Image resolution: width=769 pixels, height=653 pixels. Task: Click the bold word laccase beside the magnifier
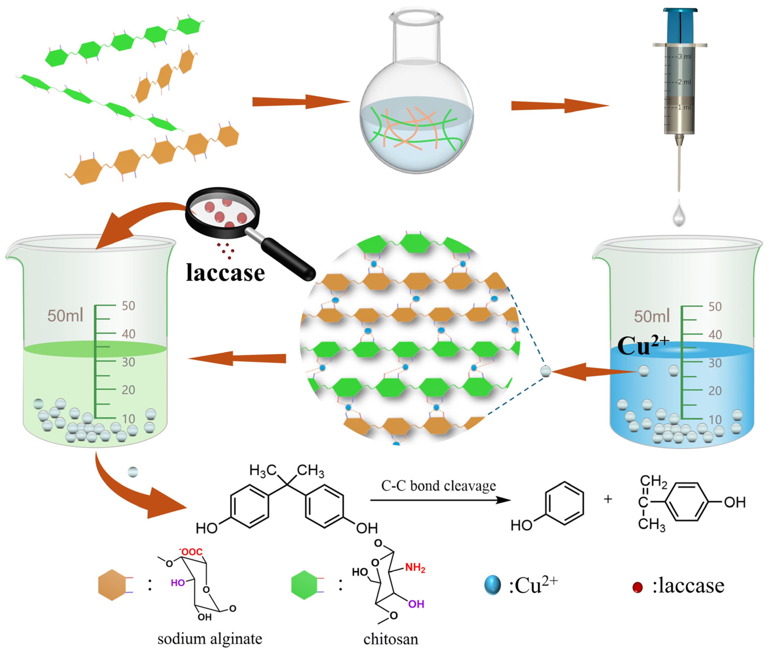[225, 273]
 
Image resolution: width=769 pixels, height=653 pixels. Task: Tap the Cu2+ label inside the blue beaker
[642, 346]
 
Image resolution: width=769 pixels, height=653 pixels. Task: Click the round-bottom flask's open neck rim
[416, 17]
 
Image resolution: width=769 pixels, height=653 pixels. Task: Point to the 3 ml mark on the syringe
[684, 57]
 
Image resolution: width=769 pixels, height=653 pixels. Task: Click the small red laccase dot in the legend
[637, 587]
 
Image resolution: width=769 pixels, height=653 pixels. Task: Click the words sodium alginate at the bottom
[210, 639]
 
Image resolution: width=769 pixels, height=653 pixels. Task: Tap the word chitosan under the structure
[391, 639]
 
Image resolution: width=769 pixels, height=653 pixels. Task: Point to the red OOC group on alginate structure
[191, 552]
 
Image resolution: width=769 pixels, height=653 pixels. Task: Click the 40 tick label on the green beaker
[129, 334]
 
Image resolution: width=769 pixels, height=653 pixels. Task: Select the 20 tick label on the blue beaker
[715, 391]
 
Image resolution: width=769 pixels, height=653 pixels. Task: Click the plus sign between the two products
[607, 499]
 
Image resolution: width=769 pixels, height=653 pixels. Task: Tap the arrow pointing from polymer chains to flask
[300, 102]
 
